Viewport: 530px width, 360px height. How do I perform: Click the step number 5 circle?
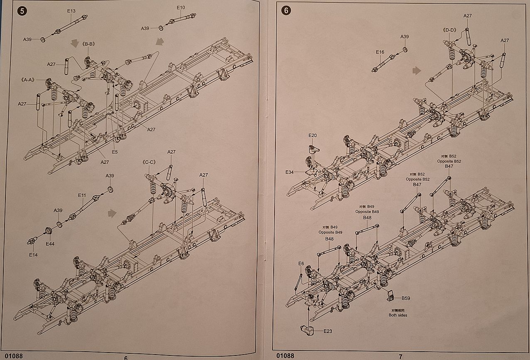pyautogui.click(x=22, y=11)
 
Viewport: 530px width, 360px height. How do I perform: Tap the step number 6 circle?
pyautogui.click(x=285, y=11)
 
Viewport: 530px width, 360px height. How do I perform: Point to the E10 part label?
pyautogui.click(x=181, y=7)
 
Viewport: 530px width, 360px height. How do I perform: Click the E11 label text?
pyautogui.click(x=82, y=195)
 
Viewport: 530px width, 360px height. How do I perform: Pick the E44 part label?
pyautogui.click(x=50, y=244)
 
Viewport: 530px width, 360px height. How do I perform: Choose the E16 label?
pyautogui.click(x=380, y=52)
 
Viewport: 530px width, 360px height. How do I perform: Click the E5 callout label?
pyautogui.click(x=115, y=152)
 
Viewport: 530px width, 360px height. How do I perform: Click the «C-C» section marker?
pyautogui.click(x=148, y=162)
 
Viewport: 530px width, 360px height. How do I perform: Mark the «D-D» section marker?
pyautogui.click(x=450, y=30)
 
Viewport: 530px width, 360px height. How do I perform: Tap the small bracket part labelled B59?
pyautogui.click(x=391, y=296)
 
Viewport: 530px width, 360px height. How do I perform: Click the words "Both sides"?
pyautogui.click(x=398, y=315)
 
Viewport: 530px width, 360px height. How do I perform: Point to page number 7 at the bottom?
pyautogui.click(x=400, y=356)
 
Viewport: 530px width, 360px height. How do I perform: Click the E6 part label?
pyautogui.click(x=301, y=263)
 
